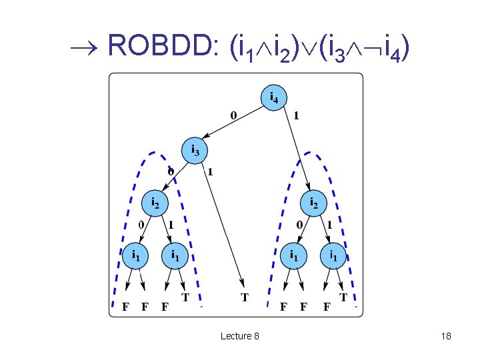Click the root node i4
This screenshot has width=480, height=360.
[x=273, y=98]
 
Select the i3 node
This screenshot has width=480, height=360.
[x=195, y=150]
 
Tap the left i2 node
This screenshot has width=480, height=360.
[x=155, y=201]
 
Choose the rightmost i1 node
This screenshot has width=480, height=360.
[x=333, y=254]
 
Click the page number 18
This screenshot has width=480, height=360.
[x=446, y=336]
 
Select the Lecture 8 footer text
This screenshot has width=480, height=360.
[x=239, y=336]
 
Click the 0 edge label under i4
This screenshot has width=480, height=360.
[x=233, y=115]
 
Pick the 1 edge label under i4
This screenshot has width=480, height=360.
[x=295, y=115]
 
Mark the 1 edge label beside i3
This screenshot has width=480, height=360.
[x=211, y=171]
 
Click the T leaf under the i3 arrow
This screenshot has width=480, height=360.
[x=245, y=297]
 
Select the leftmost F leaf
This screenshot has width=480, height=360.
[x=125, y=307]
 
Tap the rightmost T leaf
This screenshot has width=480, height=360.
[x=344, y=297]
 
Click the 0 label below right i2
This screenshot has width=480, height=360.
[x=300, y=225]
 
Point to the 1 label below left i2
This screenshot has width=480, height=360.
[x=171, y=225]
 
